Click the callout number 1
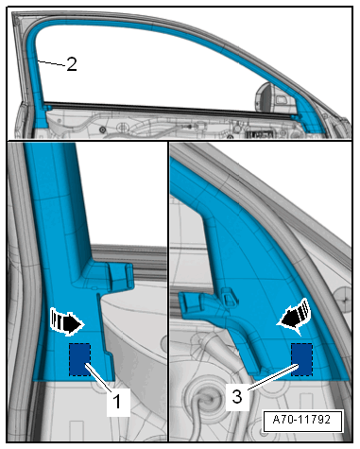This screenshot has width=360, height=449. [x=117, y=402]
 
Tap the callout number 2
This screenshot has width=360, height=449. [x=72, y=64]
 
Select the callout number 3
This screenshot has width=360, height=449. [x=237, y=397]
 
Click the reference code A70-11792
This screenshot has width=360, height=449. [x=301, y=420]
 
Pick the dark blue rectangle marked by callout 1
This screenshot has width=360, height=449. [x=80, y=359]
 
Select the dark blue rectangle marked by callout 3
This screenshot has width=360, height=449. [x=301, y=359]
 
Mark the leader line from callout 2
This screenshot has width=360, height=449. [x=52, y=63]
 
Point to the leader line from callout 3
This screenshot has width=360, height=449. [x=273, y=377]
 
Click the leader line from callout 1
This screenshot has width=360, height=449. [x=98, y=377]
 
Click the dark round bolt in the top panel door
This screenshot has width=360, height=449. [x=102, y=130]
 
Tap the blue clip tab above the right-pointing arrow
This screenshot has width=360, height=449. [x=121, y=276]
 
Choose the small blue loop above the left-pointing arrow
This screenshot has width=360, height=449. [x=229, y=296]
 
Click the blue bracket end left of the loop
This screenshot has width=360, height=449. [x=192, y=303]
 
